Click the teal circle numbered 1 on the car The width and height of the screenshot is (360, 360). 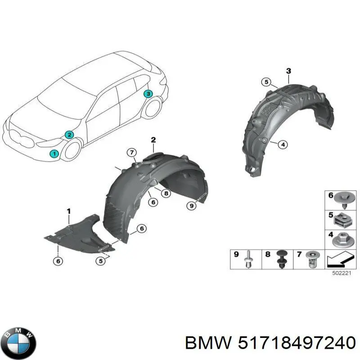(x=54, y=153)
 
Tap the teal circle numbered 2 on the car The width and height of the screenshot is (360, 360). (x=69, y=135)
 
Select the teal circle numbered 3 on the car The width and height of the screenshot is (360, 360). (x=148, y=94)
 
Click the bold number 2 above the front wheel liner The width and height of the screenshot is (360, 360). (x=153, y=139)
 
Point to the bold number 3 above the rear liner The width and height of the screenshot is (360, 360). (x=288, y=71)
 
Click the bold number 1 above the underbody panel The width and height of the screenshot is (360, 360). (x=69, y=211)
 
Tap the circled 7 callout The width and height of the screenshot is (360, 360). (x=132, y=153)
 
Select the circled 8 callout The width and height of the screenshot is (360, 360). (x=166, y=193)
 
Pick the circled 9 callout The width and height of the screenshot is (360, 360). (x=192, y=206)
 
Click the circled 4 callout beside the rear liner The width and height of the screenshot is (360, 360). (x=283, y=144)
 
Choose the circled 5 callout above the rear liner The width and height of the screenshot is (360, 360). (x=266, y=82)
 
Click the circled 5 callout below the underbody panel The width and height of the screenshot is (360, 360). (x=101, y=261)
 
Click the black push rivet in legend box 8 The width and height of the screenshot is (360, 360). (x=282, y=259)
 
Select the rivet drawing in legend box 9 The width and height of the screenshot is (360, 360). (x=249, y=259)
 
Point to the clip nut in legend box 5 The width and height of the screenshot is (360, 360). (x=342, y=220)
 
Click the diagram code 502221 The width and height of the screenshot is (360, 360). (x=342, y=274)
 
